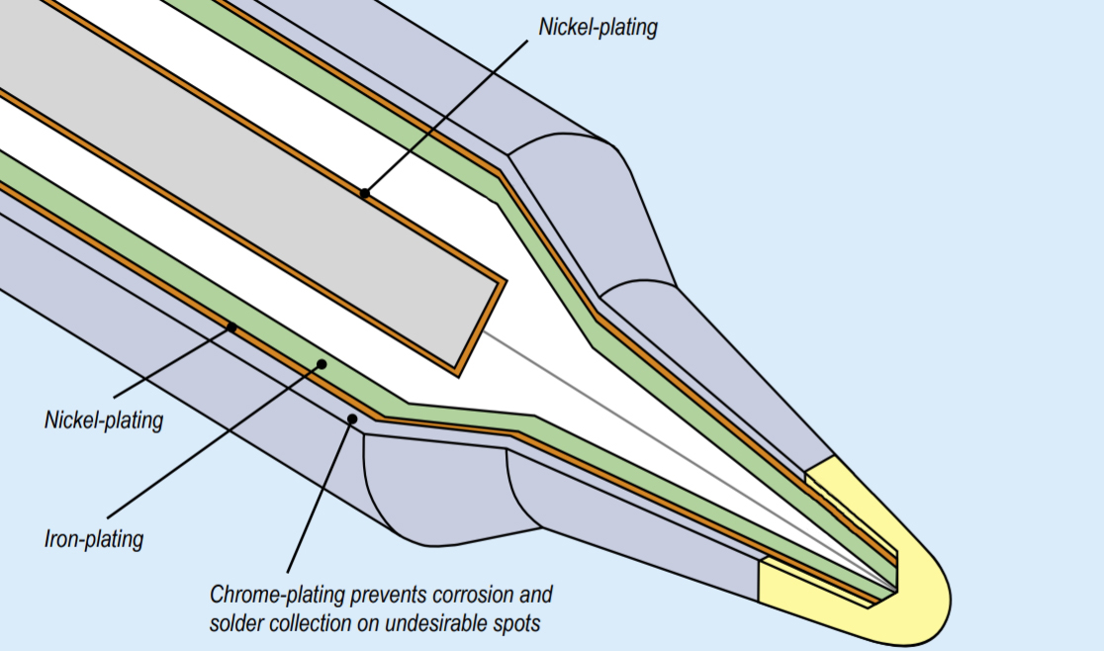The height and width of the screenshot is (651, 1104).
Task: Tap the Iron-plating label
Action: click(94, 539)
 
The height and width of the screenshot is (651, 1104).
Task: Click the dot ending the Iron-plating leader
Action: click(322, 364)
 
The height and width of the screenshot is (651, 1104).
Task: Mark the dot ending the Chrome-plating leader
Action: click(352, 419)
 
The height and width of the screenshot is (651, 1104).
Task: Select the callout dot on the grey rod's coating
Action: click(364, 194)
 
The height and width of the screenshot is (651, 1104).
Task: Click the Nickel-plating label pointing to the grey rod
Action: click(598, 27)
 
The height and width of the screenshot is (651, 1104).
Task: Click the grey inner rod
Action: click(247, 178)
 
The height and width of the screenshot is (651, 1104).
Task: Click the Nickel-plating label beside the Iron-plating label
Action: click(103, 419)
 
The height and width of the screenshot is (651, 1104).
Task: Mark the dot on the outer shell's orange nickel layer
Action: click(231, 325)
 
